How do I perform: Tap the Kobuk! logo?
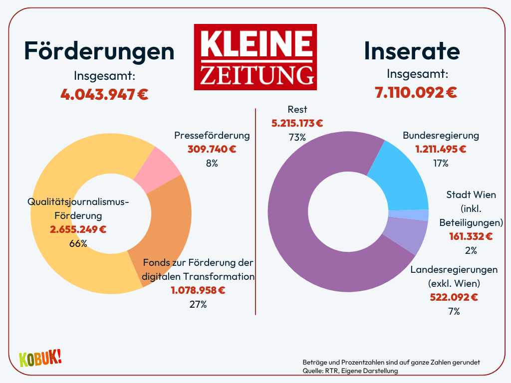(40, 358)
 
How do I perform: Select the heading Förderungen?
(100, 51)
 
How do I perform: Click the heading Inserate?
(412, 51)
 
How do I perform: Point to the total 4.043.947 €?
(105, 94)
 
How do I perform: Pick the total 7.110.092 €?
(416, 92)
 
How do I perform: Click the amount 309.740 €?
(212, 149)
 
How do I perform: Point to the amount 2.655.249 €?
(78, 229)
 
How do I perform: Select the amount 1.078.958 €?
(198, 290)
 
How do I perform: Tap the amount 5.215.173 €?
(297, 123)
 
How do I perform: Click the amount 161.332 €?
(471, 236)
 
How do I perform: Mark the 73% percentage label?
(297, 137)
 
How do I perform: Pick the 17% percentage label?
(441, 163)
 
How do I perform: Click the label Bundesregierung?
(441, 136)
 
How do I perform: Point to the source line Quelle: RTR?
(350, 371)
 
